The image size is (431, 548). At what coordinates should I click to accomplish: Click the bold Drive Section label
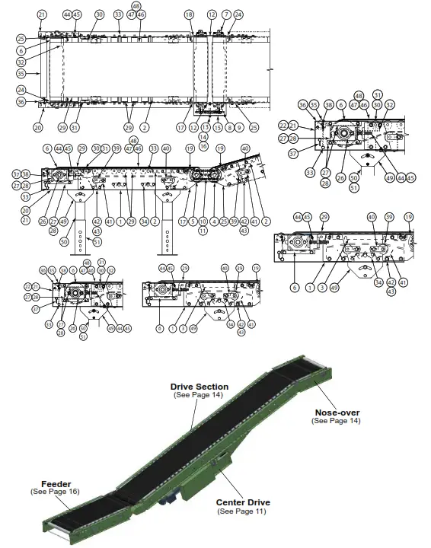click(199, 387)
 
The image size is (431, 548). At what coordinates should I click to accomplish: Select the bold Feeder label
click(56, 484)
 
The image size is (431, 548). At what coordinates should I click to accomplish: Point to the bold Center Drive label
click(243, 502)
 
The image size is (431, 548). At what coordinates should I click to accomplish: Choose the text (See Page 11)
click(243, 511)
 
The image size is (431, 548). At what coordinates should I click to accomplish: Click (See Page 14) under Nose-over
click(336, 421)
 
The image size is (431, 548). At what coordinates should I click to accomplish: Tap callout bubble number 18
click(189, 15)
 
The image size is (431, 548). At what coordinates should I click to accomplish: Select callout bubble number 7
click(226, 15)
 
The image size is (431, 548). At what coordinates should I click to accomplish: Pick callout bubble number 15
click(218, 128)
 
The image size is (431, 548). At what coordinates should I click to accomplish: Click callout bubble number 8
click(229, 128)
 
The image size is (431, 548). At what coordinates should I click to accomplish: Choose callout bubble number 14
click(203, 137)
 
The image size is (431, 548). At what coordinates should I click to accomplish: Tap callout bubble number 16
click(203, 145)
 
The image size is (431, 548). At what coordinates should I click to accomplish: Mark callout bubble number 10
click(203, 221)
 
